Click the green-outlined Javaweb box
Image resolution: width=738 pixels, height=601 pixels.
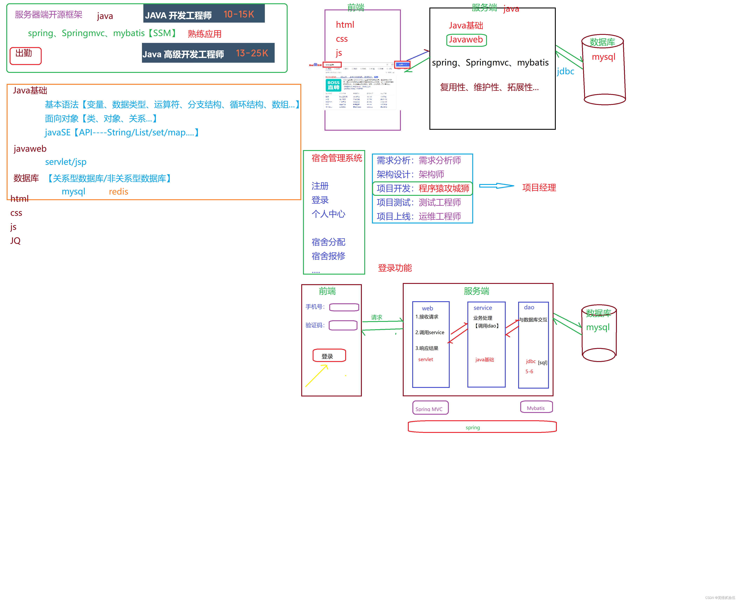coord(466,40)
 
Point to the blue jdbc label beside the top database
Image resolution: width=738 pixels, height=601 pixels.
coord(565,71)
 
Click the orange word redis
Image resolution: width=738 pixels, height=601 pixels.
coord(118,191)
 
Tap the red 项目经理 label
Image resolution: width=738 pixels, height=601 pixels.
coord(539,188)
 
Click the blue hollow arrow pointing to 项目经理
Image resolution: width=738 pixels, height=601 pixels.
coord(496,186)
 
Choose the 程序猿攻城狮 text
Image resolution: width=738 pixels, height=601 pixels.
coord(444,188)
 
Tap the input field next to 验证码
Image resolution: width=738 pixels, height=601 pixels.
coord(343,325)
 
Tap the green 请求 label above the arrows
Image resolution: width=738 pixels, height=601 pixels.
coord(376,317)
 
